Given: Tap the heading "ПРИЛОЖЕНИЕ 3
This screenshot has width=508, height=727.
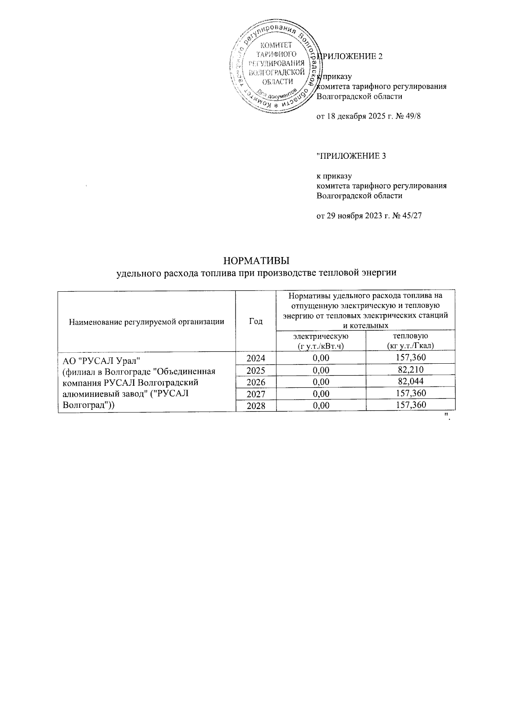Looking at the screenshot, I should coord(351,156).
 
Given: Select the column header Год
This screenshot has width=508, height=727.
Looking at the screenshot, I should coord(256,321).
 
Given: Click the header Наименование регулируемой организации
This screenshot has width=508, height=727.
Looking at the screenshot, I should coord(146,321).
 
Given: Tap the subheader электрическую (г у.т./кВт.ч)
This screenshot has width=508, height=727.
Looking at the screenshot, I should coord(321,341).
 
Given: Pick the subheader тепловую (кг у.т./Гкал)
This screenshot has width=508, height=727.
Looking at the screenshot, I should coord(410,341).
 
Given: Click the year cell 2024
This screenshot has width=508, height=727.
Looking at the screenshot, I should coord(256,358).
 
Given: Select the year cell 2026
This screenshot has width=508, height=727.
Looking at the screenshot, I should coord(256,382).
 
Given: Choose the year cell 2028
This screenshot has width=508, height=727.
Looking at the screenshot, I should coord(256,406).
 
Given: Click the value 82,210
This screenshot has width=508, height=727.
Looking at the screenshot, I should coord(410,370).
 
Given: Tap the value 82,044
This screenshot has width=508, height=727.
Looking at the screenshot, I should coord(410,382).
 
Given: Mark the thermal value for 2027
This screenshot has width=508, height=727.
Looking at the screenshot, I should coord(410,394).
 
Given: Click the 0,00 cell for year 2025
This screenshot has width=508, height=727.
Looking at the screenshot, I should coord(321,370).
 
